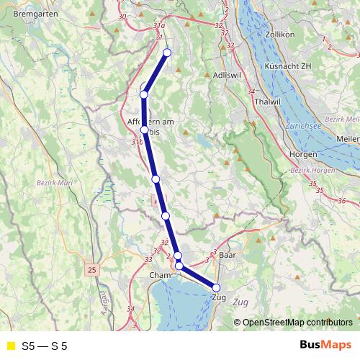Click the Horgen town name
[x=302, y=154]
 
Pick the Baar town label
[x=228, y=256]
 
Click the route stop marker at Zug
[x=216, y=288]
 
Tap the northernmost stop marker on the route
[x=167, y=52]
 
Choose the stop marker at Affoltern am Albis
[x=144, y=130]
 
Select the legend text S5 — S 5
[x=45, y=346]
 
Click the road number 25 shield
[x=91, y=270]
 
